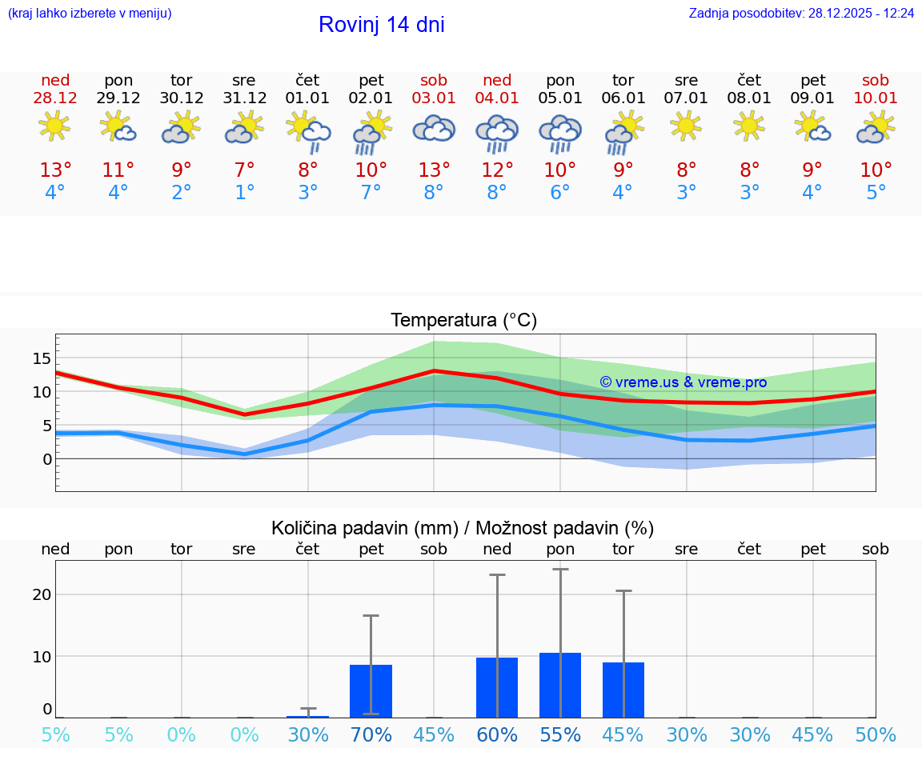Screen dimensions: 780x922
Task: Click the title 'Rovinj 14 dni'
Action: tap(381, 25)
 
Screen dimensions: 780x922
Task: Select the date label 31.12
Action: tap(244, 98)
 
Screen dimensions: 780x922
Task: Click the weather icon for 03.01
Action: tap(434, 129)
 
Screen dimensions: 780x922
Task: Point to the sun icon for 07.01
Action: tap(686, 126)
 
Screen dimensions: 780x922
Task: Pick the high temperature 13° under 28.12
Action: tap(55, 170)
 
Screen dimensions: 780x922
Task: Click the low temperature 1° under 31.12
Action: tap(244, 193)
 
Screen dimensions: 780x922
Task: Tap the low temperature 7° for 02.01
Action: tap(371, 193)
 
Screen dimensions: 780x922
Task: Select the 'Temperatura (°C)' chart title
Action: tap(463, 321)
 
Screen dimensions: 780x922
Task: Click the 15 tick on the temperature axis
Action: tap(42, 358)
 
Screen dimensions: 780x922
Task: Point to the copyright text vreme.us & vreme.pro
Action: tap(683, 382)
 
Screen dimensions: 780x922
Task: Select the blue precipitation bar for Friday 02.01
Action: tap(371, 691)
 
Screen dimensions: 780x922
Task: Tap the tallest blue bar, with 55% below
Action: tap(560, 686)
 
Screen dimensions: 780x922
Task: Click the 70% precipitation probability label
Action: tap(371, 735)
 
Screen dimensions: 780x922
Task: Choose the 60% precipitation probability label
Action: tap(497, 735)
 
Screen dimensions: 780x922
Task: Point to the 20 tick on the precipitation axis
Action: tap(42, 594)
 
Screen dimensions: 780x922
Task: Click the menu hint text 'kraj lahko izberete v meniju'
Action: tap(90, 14)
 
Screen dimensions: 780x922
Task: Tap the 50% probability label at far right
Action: tap(876, 735)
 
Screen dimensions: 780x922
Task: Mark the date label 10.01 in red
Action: tap(876, 98)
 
